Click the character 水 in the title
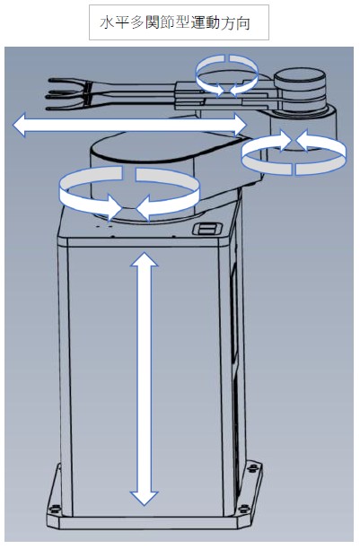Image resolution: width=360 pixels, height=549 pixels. pos(107,23)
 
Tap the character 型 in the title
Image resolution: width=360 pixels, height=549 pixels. pos(182,23)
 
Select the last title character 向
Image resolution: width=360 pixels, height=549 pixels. pos(243,23)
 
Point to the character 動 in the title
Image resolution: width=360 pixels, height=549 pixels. pos(213,23)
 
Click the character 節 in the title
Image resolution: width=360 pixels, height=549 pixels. pos(167,23)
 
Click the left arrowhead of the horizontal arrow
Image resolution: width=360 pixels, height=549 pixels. pos(20,125)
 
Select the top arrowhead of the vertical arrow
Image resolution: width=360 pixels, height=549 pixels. pos(144,259)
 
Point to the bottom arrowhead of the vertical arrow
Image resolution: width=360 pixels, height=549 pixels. pos(144,498)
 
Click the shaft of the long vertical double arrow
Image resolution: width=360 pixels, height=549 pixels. pos(144,379)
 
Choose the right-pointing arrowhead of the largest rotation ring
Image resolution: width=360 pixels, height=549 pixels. pos(115,208)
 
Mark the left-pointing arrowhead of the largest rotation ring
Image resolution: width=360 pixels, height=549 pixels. pos(144,208)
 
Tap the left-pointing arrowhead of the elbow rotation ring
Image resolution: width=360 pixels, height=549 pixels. pos(304,141)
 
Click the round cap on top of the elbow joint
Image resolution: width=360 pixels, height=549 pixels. pos(300,79)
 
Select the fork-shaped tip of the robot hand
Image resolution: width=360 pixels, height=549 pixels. pos(69,94)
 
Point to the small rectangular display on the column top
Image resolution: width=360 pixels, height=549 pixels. pos(206,229)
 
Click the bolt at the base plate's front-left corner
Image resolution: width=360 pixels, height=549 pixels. pos(54,508)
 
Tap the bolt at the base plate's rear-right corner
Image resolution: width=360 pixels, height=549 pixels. pos(251,467)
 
